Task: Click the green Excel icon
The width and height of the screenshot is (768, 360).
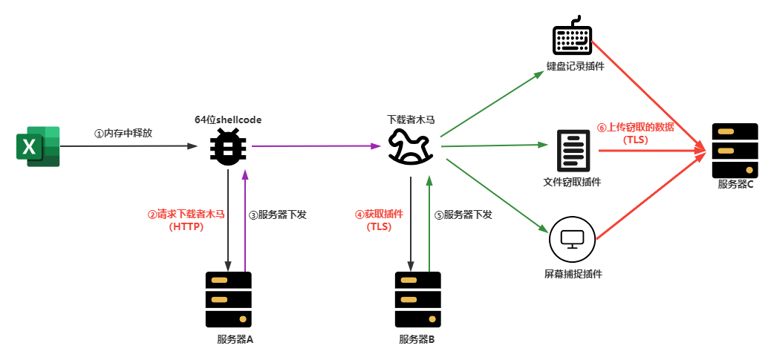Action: point(37,146)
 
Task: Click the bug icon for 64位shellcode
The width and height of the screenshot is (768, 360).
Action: point(228,146)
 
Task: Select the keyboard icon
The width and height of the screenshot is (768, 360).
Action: point(572,38)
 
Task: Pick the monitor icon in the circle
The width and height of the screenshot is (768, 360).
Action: point(573,239)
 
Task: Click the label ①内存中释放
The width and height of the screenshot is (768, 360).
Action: point(123,134)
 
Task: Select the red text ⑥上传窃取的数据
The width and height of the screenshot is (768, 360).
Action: point(635,127)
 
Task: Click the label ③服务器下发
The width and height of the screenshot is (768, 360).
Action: point(277,215)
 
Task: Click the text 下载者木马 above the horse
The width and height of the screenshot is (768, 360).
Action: point(411,119)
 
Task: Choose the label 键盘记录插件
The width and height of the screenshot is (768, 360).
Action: point(575,65)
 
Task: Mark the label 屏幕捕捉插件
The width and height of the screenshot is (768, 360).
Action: point(573,273)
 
